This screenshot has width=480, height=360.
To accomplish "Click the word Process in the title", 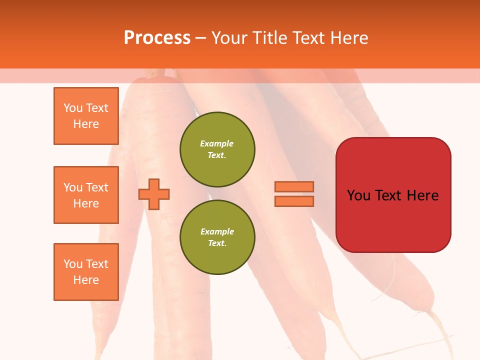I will pos(157,38).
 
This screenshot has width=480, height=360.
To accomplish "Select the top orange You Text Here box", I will pos(86,116).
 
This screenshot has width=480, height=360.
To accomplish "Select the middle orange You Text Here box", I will pos(86,195).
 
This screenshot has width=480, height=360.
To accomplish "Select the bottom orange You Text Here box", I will pos(86,272).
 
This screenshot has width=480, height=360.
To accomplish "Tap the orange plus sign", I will pos(154,194).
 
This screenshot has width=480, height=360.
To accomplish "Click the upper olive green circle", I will pos(217,149).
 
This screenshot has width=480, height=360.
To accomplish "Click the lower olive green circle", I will pos(217,237).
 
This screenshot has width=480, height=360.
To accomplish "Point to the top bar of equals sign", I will pos(294,187).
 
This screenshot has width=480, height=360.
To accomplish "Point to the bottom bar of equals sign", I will pos(294,201).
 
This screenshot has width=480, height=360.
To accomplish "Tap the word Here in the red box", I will pos(422,195).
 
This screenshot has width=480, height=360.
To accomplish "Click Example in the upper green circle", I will pos(217,143).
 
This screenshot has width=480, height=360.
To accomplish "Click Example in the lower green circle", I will pos(217,231).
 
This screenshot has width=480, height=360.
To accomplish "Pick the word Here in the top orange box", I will pos(86,124).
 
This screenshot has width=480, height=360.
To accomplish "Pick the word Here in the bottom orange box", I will pos(86,280).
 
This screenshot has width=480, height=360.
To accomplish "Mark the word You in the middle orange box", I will pos(72,187).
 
